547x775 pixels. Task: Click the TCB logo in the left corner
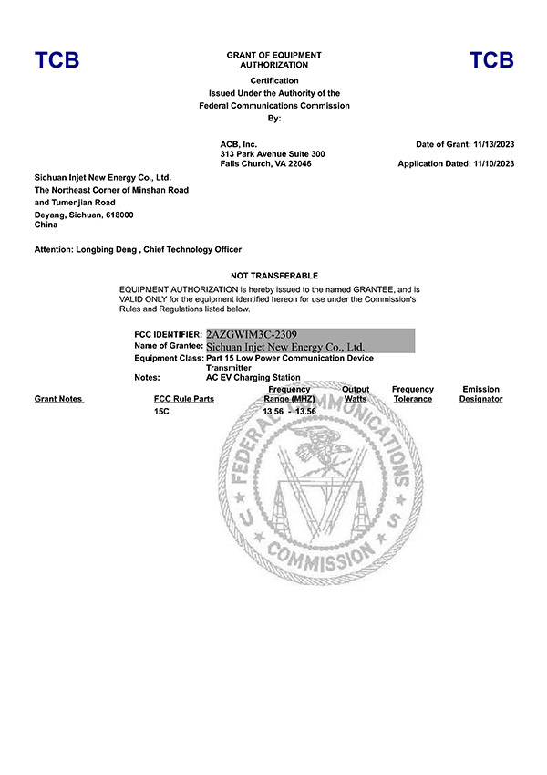click(x=57, y=61)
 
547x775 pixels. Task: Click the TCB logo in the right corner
click(x=491, y=61)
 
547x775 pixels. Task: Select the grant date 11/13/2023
click(x=494, y=144)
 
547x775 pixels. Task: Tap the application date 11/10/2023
click(x=494, y=164)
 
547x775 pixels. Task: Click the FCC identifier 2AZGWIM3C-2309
click(x=252, y=335)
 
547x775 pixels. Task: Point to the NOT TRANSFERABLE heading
click(x=273, y=276)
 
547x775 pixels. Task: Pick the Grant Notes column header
click(x=58, y=399)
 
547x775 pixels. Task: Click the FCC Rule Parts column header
click(x=184, y=399)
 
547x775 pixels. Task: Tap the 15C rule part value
click(x=162, y=412)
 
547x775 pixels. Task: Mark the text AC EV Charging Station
click(x=253, y=377)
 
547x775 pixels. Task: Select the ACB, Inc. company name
click(x=239, y=144)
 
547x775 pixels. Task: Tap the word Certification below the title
click(x=273, y=81)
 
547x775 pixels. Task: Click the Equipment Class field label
click(x=169, y=358)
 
